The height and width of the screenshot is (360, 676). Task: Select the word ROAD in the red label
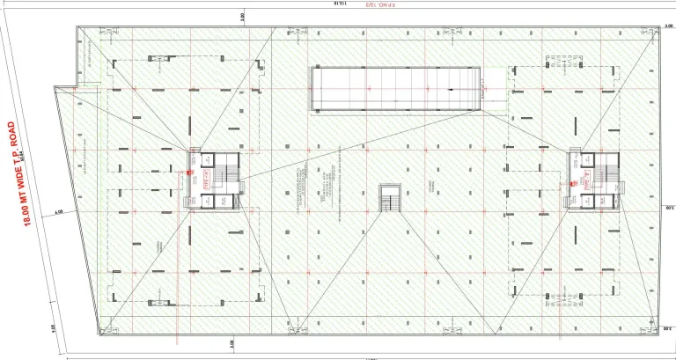point(12,130)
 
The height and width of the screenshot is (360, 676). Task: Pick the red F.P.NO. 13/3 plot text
point(356,5)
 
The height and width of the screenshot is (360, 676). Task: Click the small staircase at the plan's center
point(389,198)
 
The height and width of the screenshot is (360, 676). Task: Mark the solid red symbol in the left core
point(187,173)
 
